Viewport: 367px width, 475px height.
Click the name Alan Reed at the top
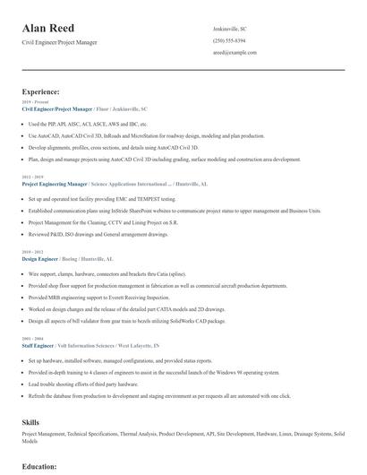pos(48,29)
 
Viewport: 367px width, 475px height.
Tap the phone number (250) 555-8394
pos(229,40)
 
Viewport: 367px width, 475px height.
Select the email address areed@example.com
pos(235,52)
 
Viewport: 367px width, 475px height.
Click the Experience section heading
pos(41,91)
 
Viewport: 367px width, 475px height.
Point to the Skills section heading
pos(30,420)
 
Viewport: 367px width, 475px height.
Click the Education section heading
pos(39,466)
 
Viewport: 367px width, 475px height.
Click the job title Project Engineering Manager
pos(55,183)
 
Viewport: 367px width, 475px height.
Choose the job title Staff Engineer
pos(37,344)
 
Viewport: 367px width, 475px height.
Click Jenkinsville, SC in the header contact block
pos(232,29)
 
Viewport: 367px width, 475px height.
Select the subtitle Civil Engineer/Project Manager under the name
pos(59,42)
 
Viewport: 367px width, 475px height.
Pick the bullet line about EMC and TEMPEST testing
pos(102,198)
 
